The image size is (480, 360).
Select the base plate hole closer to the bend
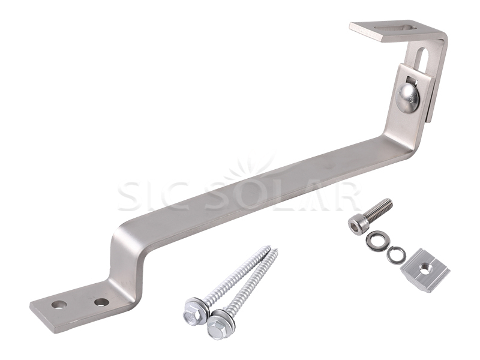tap(101, 302)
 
